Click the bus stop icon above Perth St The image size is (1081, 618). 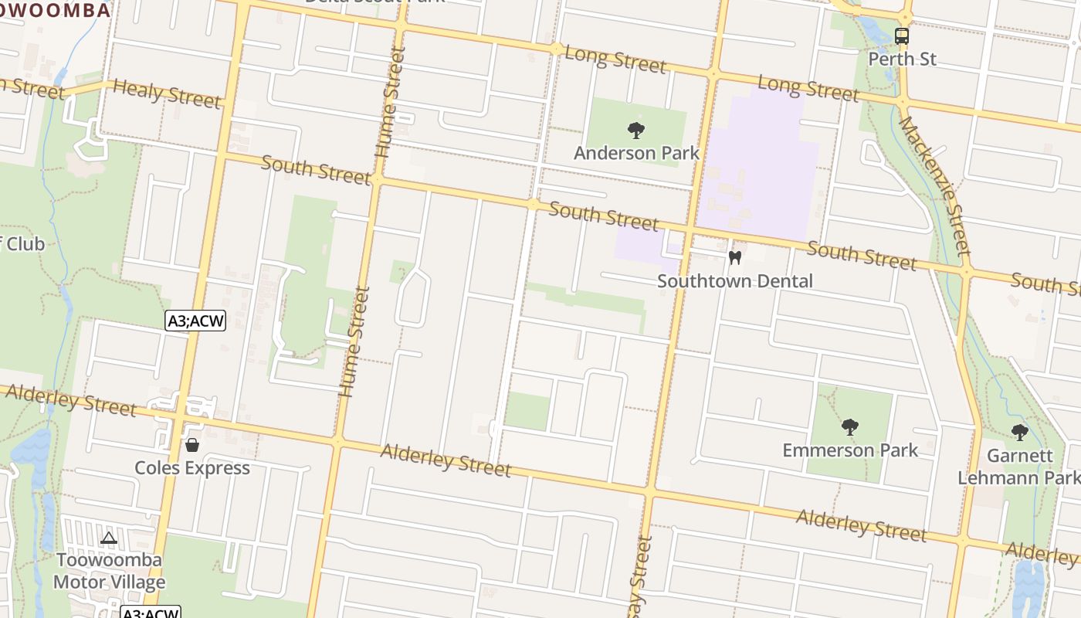coord(902,36)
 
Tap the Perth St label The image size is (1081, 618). coord(902,59)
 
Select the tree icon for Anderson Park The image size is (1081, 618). coord(636,130)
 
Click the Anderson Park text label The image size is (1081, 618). coord(636,153)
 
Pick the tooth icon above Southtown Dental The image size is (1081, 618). coord(735,257)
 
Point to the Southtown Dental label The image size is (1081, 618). coord(735,280)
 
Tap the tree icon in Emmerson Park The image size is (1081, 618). coord(850,426)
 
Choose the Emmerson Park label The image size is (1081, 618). coord(850,450)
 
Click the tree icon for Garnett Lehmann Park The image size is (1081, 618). coord(1020,432)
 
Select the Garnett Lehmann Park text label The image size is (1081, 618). coord(1018,467)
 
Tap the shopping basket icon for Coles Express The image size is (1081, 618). coord(192,445)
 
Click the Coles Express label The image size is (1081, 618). coord(192,468)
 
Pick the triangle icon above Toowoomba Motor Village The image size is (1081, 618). coord(109,538)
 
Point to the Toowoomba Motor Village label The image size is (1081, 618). coord(109,571)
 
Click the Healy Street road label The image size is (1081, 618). coord(167,93)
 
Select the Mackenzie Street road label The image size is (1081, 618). coord(934,186)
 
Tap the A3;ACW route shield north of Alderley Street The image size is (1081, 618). coord(195,321)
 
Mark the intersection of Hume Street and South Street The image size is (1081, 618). coord(378,179)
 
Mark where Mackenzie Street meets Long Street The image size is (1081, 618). coord(903,100)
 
